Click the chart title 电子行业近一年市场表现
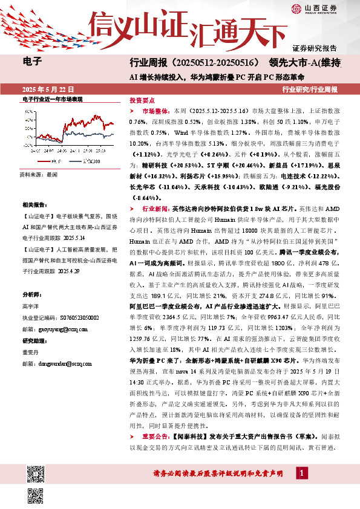51,99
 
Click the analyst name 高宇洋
31,306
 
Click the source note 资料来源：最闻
38,174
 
